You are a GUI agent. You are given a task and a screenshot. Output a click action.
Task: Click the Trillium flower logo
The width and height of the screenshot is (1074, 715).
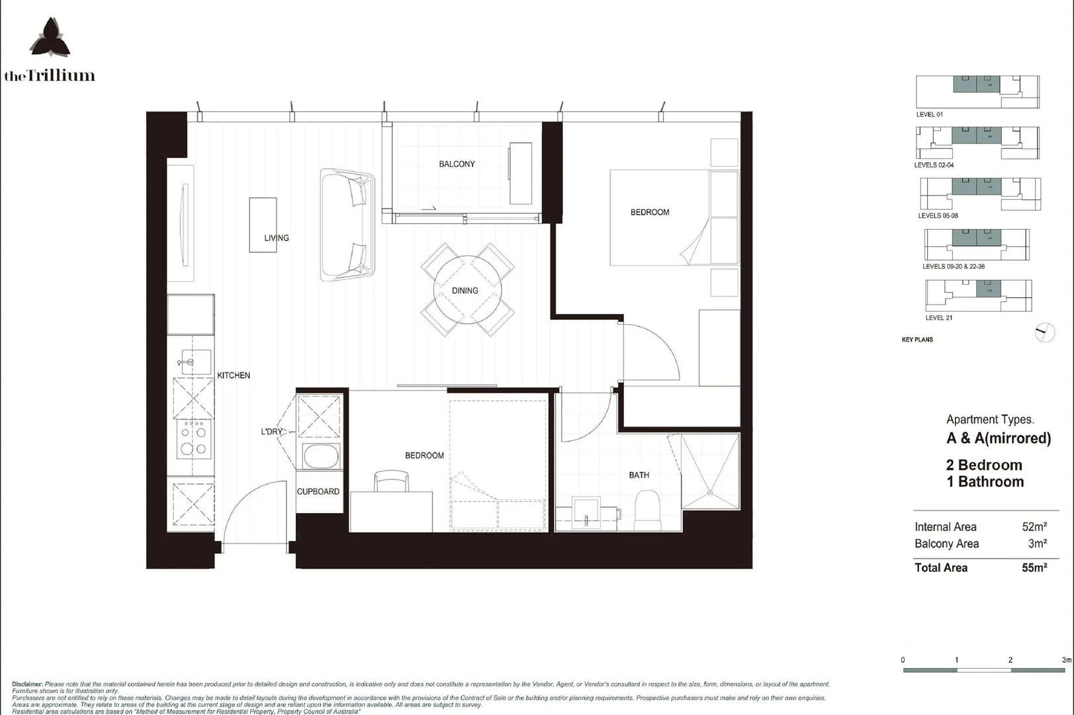(50, 38)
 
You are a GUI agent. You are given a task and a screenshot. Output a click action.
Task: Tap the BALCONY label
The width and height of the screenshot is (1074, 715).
(457, 164)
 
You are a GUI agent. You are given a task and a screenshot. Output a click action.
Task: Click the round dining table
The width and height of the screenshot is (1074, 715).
(467, 289)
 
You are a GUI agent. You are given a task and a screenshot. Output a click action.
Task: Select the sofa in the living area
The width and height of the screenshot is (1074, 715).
(347, 224)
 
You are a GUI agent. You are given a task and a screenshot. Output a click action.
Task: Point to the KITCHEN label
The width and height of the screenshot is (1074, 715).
(234, 375)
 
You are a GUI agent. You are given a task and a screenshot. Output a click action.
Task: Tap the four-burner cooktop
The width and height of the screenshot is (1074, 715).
(193, 440)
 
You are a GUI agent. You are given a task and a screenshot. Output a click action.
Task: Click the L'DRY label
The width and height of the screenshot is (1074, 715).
(271, 432)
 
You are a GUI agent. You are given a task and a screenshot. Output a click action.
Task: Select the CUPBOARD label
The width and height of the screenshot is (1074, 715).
(318, 492)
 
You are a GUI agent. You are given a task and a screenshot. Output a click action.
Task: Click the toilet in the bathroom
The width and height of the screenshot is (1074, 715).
(647, 510)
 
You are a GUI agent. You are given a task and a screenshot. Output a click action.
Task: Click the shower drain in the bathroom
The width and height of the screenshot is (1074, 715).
(710, 492)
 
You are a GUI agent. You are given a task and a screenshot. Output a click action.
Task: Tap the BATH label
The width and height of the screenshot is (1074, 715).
(639, 475)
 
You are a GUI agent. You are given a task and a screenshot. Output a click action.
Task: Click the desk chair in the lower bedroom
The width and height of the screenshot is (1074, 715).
(391, 481)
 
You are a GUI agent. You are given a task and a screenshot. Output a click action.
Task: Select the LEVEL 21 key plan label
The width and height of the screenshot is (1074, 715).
(938, 318)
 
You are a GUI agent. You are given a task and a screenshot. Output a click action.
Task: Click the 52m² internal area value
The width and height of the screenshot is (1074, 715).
(1034, 527)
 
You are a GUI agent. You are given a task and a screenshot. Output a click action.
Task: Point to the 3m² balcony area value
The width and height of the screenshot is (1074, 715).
(1037, 544)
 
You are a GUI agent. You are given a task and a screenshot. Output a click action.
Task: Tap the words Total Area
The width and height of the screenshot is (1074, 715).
(940, 568)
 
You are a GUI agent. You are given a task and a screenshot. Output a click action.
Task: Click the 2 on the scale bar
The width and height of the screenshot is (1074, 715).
(1010, 660)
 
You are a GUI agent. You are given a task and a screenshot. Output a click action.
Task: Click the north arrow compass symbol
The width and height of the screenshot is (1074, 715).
(1044, 332)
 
